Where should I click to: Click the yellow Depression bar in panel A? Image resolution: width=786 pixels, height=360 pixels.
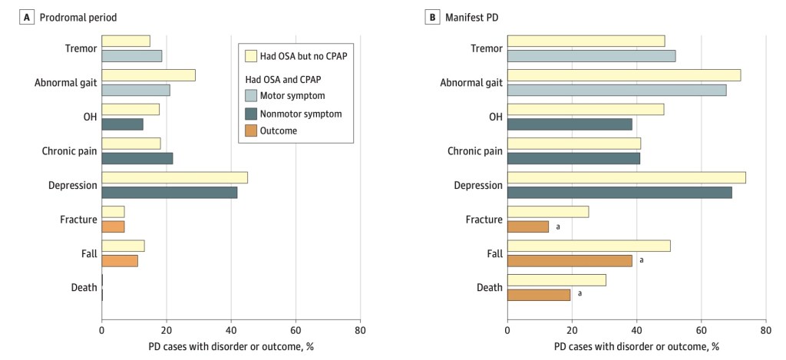pos(174,177)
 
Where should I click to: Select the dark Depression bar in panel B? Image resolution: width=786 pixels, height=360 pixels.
pos(619,193)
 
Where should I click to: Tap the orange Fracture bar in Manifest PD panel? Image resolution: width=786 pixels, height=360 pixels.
pos(528,226)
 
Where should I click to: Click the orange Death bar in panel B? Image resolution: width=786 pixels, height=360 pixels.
pos(539,295)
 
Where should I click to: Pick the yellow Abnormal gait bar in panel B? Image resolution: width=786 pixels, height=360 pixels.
pos(624,75)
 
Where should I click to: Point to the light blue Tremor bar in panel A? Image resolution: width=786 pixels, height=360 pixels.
pos(132,56)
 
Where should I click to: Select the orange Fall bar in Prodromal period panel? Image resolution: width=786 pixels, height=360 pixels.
pos(120,261)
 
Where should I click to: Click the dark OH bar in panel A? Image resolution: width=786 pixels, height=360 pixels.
pos(122,124)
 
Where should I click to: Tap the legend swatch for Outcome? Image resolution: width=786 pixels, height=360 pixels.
pos(250,130)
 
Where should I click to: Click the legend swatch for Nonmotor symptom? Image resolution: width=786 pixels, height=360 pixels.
pos(250,114)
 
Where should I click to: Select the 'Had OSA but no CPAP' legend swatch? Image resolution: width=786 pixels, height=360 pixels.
pos(250,56)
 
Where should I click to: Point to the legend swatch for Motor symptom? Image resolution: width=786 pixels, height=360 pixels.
pos(250,96)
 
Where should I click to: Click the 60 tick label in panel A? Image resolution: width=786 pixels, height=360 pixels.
pos(296,330)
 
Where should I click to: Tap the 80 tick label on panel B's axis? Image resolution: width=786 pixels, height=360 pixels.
pos(765,330)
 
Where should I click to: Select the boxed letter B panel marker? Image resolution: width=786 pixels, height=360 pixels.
pos(431,18)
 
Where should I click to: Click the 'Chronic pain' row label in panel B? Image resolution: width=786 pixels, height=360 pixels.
pos(474,151)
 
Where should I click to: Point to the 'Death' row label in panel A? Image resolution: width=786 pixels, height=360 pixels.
pos(84,288)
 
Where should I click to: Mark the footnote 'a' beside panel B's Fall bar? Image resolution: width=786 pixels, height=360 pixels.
pos(641,260)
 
